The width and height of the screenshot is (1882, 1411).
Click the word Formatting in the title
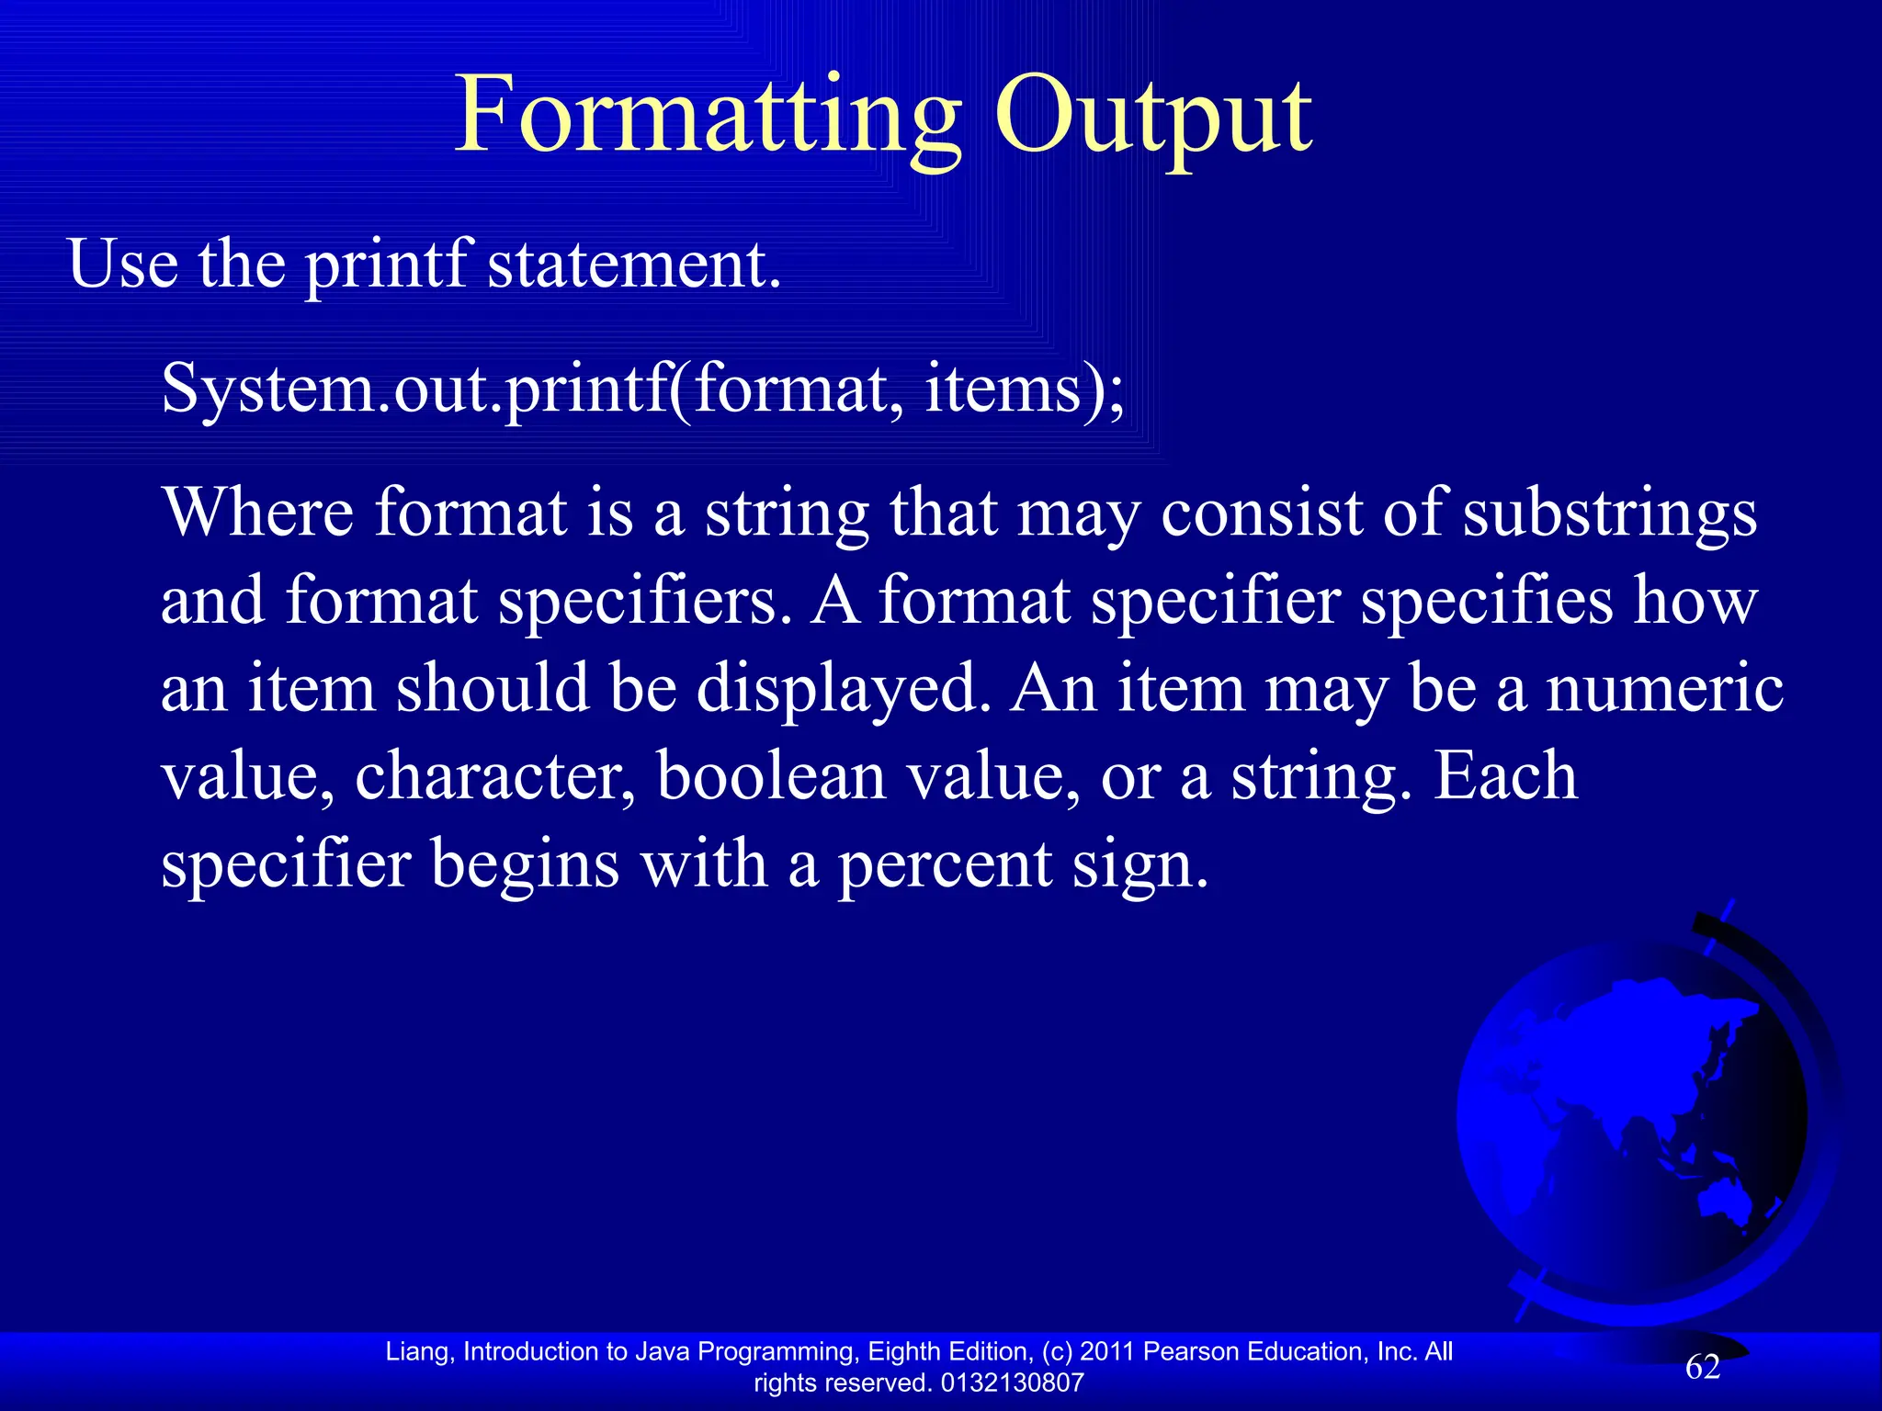708,118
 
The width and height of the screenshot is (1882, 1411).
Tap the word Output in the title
1153,118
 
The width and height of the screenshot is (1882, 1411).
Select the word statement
633,265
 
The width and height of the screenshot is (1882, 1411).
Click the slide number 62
1702,1368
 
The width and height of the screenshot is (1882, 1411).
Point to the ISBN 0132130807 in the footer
1012,1383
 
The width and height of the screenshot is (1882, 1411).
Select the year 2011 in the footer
1107,1351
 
